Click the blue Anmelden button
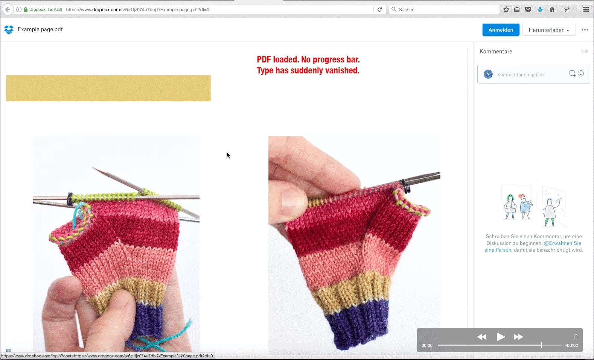[x=501, y=30]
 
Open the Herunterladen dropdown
[x=549, y=30]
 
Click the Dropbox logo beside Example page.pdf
[x=9, y=29]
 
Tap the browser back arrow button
[x=8, y=9]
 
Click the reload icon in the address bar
[x=379, y=9]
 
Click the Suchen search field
[x=444, y=9]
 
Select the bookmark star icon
[x=506, y=9]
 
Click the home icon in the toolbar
[x=552, y=9]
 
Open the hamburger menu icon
[x=586, y=9]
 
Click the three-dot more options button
[x=585, y=30]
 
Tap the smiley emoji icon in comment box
[x=581, y=73]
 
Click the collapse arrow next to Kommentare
[x=585, y=51]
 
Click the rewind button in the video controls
[x=482, y=337]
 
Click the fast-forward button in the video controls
[x=518, y=337]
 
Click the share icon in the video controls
[x=576, y=336]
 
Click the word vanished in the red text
[x=342, y=70]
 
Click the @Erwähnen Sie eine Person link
[x=533, y=246]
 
